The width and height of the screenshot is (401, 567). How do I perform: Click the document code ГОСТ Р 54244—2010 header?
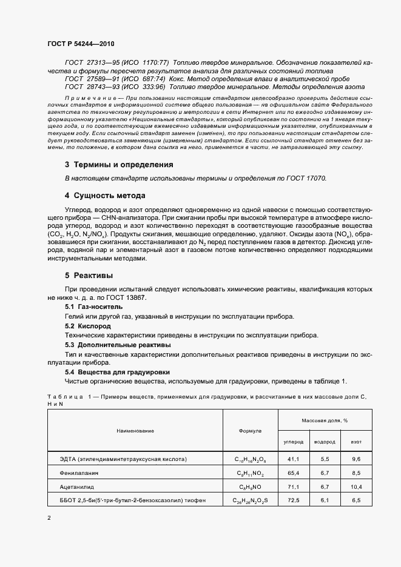click(x=81, y=44)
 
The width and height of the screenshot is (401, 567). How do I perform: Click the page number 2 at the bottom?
click(x=49, y=518)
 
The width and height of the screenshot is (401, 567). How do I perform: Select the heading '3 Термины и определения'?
click(x=119, y=164)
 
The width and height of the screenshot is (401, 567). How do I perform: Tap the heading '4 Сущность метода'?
click(x=105, y=196)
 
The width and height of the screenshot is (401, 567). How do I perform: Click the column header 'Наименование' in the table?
click(x=135, y=430)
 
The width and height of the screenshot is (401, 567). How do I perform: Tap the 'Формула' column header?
click(x=251, y=430)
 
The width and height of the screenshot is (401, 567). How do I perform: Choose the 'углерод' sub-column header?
click(x=294, y=442)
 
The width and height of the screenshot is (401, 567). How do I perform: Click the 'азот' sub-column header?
click(x=356, y=442)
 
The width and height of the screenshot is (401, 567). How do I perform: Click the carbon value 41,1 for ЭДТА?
click(x=294, y=459)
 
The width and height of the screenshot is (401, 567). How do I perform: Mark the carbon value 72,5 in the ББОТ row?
click(x=294, y=500)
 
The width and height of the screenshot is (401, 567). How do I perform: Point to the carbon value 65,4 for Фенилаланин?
click(x=294, y=472)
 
